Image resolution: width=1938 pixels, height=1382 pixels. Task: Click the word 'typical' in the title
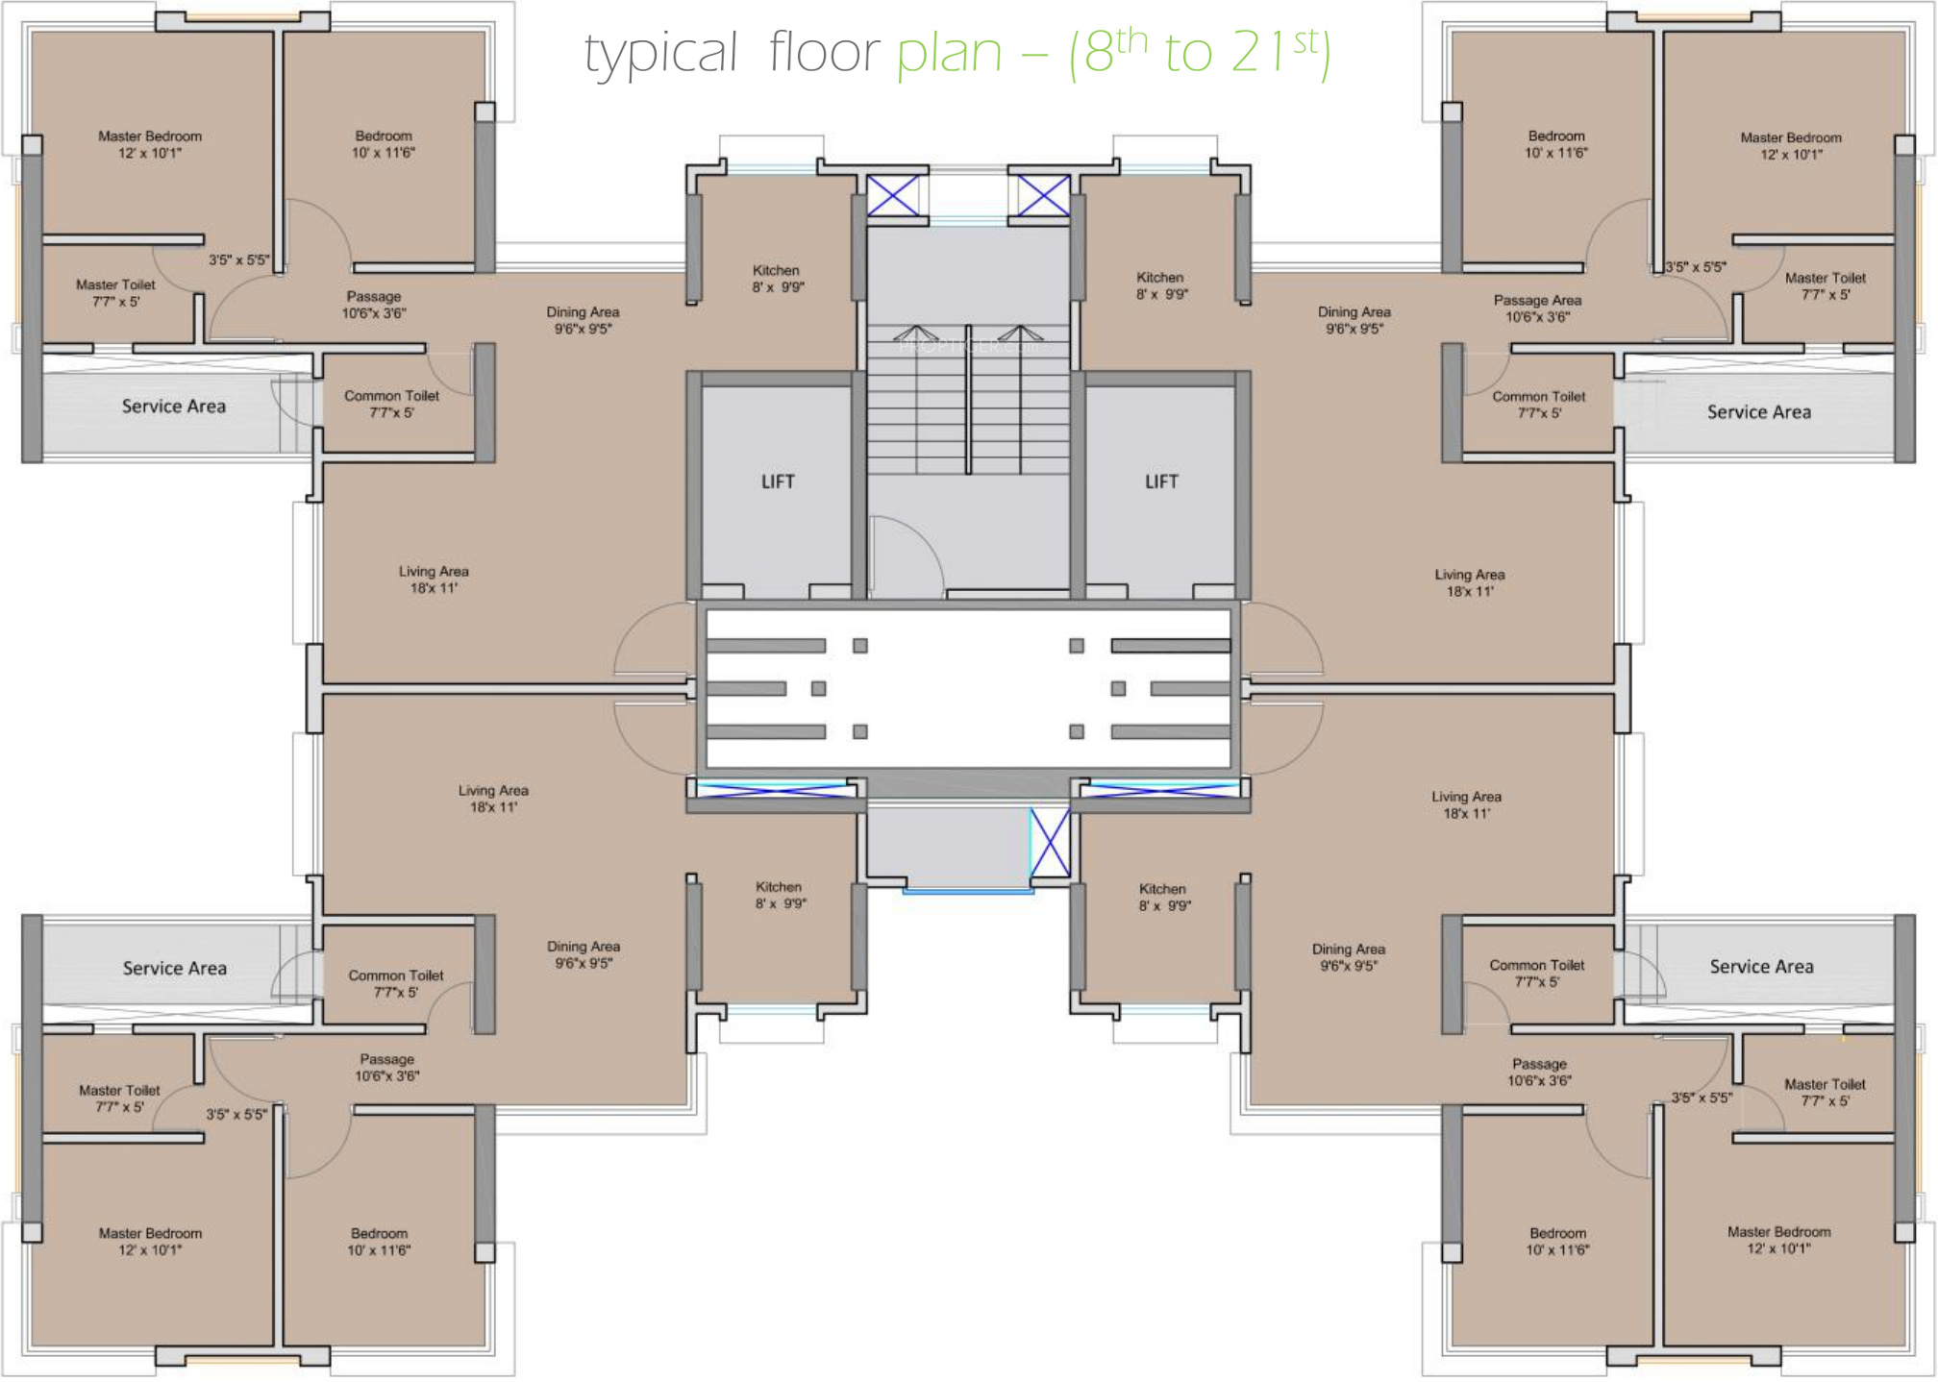[660, 53]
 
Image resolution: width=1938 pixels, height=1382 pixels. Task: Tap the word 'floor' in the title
[824, 52]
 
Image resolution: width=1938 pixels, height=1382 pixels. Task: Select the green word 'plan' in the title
[948, 53]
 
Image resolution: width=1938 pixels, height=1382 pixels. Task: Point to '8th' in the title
[1115, 50]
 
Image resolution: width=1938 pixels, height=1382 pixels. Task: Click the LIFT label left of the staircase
[778, 481]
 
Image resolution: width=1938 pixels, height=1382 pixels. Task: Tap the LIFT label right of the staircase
[1161, 481]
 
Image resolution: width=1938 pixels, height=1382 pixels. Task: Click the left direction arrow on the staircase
[916, 334]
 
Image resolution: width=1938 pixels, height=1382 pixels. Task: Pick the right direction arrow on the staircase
[1020, 334]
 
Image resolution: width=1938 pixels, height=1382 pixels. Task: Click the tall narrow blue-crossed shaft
[1050, 842]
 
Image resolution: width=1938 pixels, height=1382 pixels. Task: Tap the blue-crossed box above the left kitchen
[893, 196]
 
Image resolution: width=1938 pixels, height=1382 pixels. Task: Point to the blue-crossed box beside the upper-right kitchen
[1043, 196]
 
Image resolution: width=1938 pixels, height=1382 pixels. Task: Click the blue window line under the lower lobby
[968, 892]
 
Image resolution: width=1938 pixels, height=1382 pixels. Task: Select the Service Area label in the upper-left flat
[174, 407]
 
